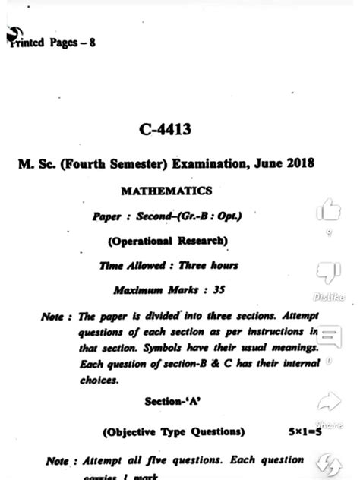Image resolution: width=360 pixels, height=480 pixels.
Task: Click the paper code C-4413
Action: click(x=164, y=131)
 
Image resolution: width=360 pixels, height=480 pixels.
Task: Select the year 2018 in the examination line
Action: click(x=298, y=163)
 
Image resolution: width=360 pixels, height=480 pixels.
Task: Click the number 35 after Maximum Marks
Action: click(x=218, y=290)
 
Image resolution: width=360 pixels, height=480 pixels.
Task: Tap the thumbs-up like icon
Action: click(x=328, y=207)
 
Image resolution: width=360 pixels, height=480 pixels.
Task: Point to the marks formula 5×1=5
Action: click(x=305, y=432)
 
